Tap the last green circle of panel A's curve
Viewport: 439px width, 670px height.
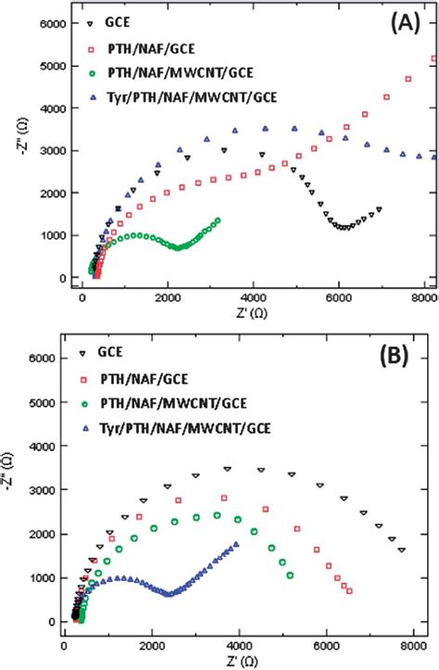[x=218, y=221]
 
